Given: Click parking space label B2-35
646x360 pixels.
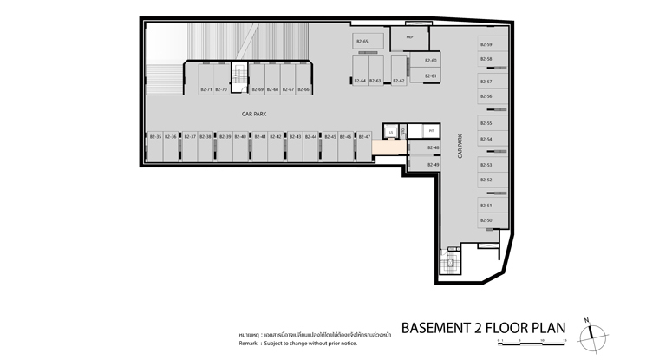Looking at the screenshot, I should [155, 137].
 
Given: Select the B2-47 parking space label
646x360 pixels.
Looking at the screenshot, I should [364, 137].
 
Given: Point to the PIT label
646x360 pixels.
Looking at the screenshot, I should [431, 131].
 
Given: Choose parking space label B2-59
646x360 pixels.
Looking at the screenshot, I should [486, 44].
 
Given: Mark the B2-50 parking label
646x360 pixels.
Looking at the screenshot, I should [486, 221].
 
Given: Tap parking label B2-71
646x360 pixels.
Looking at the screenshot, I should [206, 89].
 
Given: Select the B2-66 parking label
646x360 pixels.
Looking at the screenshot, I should [303, 89].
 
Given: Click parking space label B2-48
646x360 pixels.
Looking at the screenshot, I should [434, 148].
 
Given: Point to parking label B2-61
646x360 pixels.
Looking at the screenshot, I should [431, 76].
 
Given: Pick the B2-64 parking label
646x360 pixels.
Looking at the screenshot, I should [360, 81].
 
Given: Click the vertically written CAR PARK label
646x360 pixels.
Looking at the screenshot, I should [460, 151].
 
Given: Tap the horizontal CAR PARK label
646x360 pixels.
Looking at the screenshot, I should [254, 113].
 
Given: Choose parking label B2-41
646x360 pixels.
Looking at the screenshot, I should [260, 137].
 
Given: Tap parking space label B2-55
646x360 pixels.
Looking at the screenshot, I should [486, 123].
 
